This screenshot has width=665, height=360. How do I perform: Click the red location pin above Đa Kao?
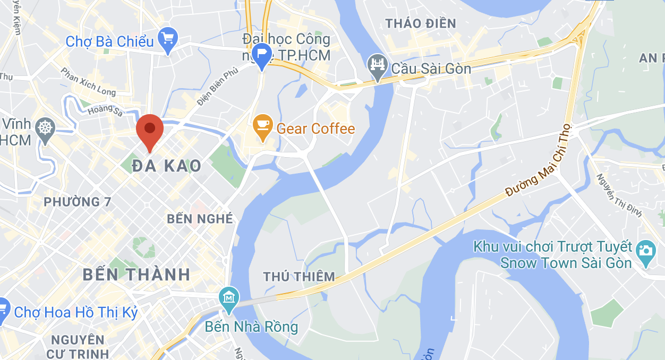[150, 129]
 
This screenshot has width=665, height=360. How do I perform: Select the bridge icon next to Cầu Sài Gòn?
[377, 66]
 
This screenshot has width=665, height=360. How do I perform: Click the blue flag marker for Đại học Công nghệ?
[262, 55]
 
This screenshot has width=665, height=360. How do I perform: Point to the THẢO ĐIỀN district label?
[421, 23]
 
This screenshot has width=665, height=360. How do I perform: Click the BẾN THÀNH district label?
[137, 275]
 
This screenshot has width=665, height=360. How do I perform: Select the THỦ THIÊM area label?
[299, 277]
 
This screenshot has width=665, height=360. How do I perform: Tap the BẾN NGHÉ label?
[200, 219]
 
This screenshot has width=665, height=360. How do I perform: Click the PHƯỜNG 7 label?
[72, 202]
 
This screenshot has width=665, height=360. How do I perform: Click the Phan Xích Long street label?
[88, 82]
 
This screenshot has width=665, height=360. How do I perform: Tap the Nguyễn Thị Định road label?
[619, 195]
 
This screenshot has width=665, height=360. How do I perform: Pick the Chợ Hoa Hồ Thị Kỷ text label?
[76, 312]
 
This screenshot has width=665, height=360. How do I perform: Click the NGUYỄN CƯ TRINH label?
[77, 346]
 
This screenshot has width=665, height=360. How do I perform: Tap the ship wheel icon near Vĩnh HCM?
[46, 128]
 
